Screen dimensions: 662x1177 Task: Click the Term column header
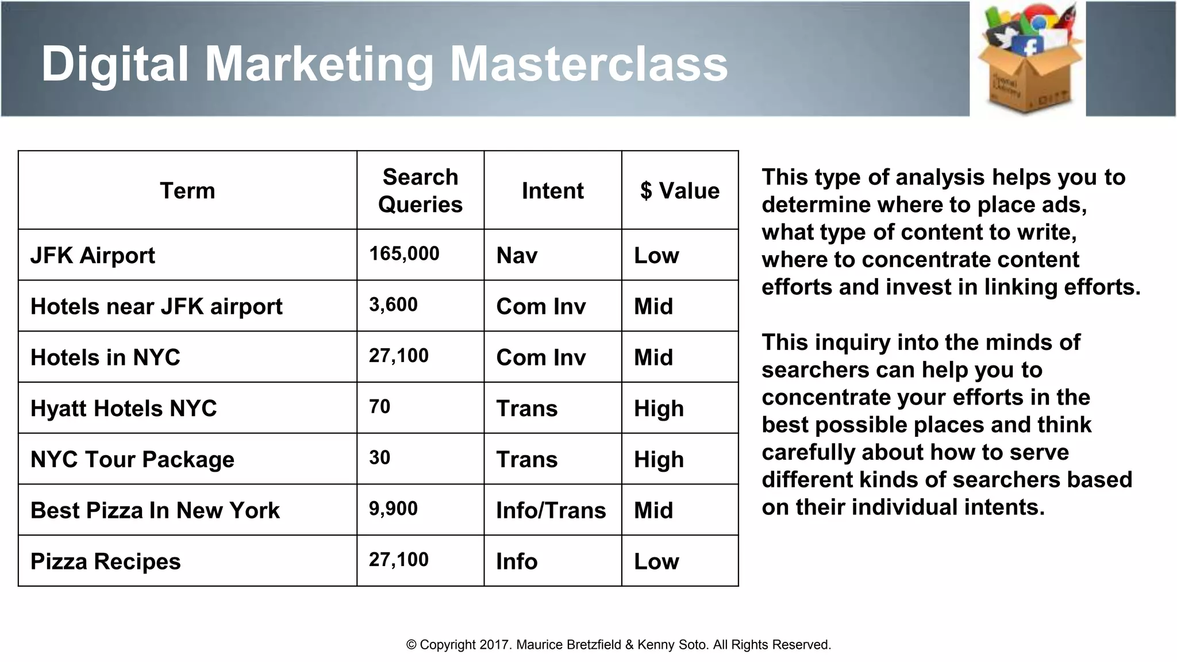[187, 191]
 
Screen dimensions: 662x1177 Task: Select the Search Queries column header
[420, 191]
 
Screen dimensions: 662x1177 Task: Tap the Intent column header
[552, 191]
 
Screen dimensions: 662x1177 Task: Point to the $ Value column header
[680, 191]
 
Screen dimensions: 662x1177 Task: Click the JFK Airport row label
[93, 256]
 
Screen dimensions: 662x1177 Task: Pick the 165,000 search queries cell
[404, 253]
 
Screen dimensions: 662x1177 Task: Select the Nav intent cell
[517, 256]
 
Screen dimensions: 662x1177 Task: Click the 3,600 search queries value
[393, 305]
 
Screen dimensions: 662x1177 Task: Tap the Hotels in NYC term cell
[105, 357]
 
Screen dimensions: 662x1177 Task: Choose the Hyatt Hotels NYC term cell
[124, 409]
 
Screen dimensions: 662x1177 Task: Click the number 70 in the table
[380, 407]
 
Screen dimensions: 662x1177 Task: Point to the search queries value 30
[380, 457]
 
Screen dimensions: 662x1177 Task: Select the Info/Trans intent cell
[551, 510]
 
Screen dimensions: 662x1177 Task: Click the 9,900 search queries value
[393, 509]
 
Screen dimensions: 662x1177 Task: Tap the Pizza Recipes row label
[105, 561]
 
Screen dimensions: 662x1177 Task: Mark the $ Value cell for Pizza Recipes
[656, 561]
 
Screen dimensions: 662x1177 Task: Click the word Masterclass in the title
[588, 64]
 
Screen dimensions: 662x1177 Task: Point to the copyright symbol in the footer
[411, 645]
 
